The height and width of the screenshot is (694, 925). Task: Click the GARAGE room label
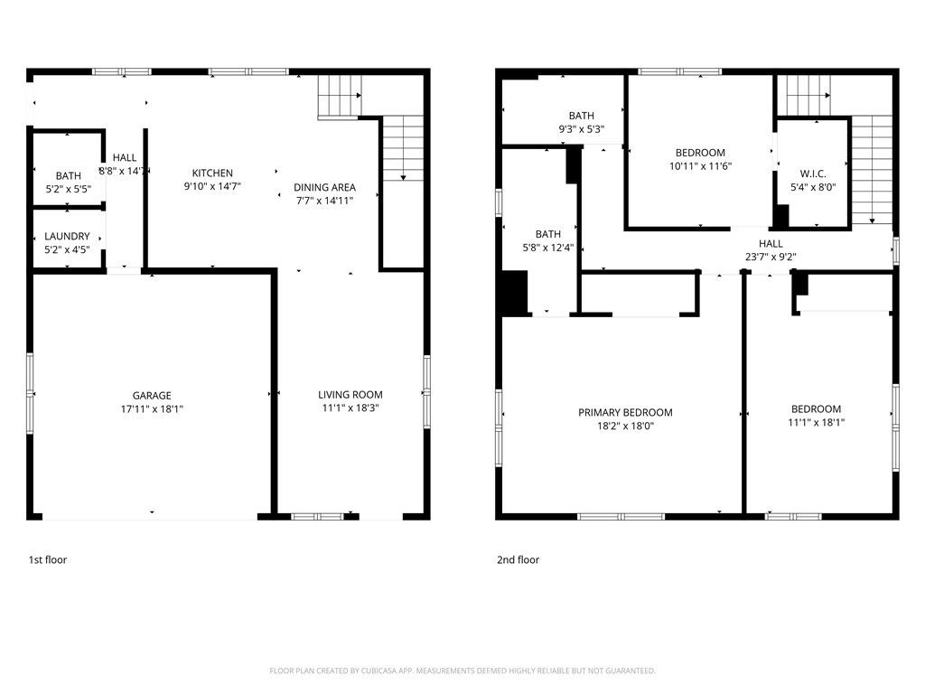[152, 396]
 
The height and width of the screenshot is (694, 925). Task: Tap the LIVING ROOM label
[350, 395]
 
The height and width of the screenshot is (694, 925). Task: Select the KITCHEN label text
[212, 173]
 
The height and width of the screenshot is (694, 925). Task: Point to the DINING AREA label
[324, 188]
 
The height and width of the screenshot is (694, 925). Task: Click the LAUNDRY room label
[68, 237]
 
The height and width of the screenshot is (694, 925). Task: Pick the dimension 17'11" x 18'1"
[152, 409]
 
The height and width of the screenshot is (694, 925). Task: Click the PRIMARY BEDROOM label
[625, 413]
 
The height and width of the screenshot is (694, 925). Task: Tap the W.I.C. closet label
[812, 174]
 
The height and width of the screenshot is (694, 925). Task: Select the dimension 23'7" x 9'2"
[771, 257]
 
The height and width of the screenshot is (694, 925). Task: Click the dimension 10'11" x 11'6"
[700, 166]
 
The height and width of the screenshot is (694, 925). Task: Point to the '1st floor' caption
[48, 560]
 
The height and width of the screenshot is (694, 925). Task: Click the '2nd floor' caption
[518, 560]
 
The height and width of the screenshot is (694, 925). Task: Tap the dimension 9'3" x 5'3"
[581, 129]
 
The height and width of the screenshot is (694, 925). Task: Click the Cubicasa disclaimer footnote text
[462, 671]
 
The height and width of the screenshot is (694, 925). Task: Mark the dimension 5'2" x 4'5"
[68, 249]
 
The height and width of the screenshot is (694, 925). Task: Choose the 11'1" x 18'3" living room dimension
[350, 408]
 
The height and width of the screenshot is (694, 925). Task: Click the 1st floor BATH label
[68, 176]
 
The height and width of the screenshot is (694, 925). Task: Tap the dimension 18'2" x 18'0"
[625, 427]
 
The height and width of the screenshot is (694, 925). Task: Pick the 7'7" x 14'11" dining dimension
[324, 201]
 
